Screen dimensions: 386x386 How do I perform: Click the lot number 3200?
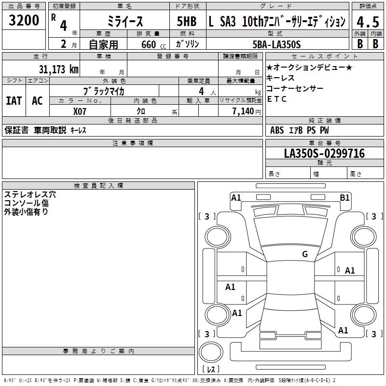click(24, 20)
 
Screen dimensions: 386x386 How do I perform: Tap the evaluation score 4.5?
click(368, 22)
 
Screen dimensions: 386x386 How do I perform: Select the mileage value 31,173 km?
click(58, 69)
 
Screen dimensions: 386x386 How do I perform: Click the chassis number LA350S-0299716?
click(324, 153)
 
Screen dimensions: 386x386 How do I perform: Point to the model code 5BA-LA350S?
click(276, 44)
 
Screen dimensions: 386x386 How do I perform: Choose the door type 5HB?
click(187, 21)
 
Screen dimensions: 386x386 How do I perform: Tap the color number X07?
click(80, 111)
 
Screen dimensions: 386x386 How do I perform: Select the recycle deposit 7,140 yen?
click(247, 111)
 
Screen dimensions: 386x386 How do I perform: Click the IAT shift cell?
click(14, 101)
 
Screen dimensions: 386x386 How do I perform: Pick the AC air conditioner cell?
click(37, 101)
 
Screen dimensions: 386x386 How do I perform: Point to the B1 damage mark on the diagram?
click(345, 198)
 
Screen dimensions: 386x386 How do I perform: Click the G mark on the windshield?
click(305, 254)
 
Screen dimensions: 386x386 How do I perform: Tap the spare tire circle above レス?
click(211, 352)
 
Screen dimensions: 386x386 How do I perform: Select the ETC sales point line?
click(276, 99)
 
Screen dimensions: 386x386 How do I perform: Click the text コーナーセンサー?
click(295, 88)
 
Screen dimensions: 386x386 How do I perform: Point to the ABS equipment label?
click(277, 130)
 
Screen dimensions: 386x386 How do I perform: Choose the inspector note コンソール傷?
click(27, 203)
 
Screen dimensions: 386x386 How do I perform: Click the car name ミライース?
click(125, 22)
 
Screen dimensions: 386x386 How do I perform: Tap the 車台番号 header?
click(324, 143)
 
